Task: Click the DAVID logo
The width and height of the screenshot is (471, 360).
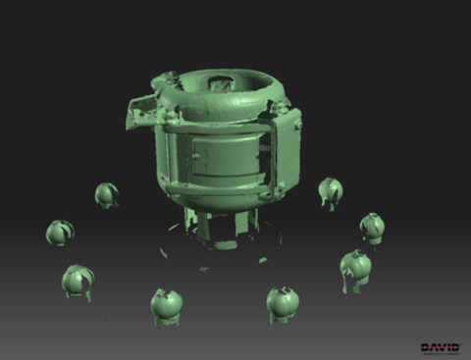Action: pos(439,347)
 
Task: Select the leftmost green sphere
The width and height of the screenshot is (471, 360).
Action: pos(60,232)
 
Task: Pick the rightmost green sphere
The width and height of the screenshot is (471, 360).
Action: pos(372,227)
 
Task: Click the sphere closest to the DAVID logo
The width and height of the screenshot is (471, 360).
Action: pos(355,268)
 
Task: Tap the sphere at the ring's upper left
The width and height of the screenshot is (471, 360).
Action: pos(106,194)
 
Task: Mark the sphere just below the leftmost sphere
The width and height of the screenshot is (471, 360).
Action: pos(77,282)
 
